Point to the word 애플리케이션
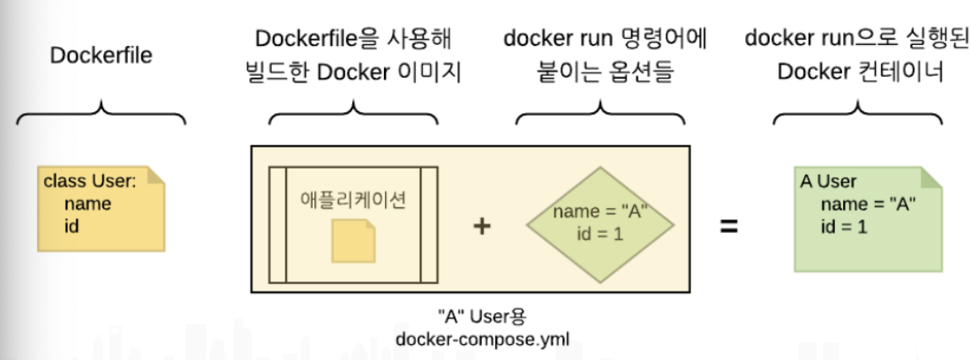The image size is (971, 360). pos(353,199)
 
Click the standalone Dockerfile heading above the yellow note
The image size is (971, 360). pos(101,55)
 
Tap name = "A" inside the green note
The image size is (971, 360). pos(869,204)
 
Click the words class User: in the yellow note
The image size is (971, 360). pos(90,183)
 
